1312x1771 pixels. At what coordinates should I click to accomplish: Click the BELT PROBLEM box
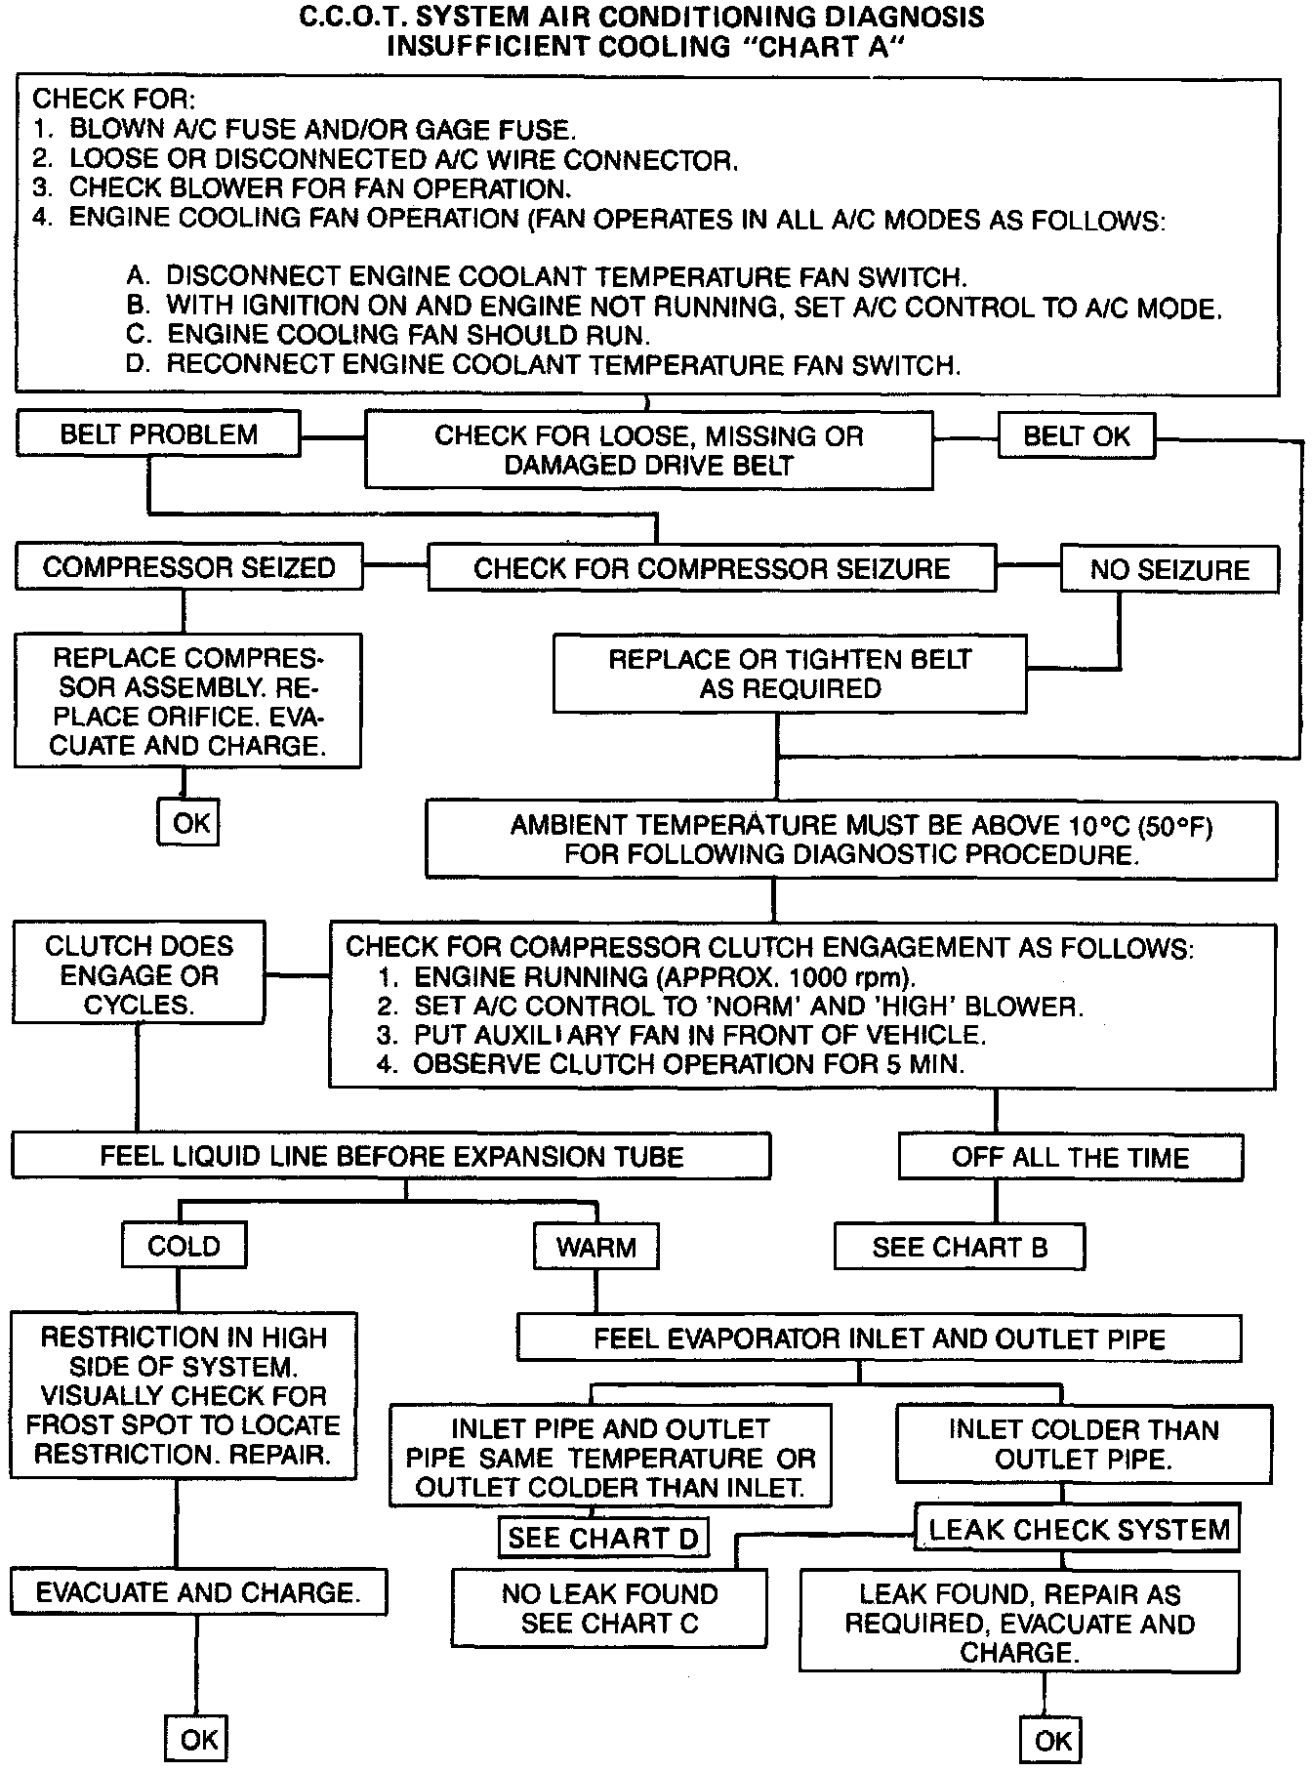coord(158,434)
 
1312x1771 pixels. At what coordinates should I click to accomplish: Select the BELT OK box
coord(1076,436)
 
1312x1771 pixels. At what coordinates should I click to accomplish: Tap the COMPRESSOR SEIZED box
coord(188,568)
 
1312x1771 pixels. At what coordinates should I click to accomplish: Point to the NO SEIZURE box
coord(1168,570)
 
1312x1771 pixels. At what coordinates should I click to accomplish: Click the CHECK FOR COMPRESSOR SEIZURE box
coord(712,569)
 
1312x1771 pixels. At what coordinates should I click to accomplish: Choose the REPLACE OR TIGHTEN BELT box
coord(789,674)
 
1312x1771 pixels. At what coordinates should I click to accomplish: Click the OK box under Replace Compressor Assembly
coord(189,822)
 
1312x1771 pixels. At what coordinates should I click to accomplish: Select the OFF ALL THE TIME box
coord(1070,1158)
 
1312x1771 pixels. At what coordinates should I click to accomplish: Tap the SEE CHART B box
coord(959,1247)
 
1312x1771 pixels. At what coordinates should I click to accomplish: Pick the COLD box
coord(184,1246)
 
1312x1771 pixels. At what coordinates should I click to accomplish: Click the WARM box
coord(595,1247)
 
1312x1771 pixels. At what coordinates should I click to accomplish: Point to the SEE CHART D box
coord(602,1539)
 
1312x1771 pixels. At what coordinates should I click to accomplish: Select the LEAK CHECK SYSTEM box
coord(1078,1529)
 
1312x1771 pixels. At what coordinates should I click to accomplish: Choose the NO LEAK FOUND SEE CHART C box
coord(609,1608)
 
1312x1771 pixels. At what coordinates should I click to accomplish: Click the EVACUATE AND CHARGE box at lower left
coord(198,1592)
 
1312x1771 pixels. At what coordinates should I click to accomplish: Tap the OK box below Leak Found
coord(1052,1740)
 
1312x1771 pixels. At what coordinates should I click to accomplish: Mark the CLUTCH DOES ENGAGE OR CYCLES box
coord(139,974)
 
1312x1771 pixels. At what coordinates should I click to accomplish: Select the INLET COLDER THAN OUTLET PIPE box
coord(1083,1444)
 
